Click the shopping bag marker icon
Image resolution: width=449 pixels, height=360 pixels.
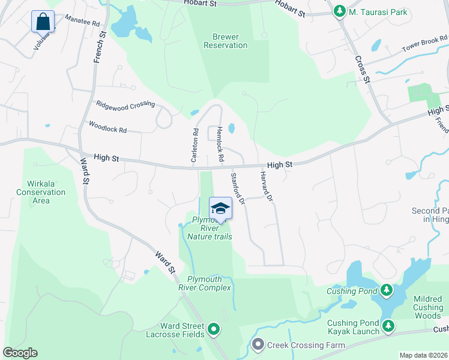(43, 22)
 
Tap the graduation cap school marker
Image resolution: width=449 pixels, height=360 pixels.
(220, 208)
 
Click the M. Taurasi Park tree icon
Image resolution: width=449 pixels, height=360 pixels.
(340, 11)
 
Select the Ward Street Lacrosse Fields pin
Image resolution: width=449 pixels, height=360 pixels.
(213, 329)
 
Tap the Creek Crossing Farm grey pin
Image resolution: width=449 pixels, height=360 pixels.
(259, 344)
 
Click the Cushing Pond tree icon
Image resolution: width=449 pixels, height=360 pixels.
(387, 291)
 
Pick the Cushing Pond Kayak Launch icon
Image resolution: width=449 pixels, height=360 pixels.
(388, 326)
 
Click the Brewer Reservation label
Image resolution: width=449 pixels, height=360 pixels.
(225, 41)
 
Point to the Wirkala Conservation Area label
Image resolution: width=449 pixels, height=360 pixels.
(41, 192)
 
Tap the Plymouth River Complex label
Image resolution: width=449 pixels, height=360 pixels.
(208, 283)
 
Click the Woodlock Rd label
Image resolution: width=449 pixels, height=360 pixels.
(107, 127)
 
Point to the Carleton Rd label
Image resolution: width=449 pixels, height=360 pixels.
(194, 145)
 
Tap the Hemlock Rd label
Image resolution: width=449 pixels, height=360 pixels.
(220, 144)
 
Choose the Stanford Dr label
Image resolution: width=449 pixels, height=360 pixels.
(238, 189)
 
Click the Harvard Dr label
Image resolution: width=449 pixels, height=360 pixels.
(266, 186)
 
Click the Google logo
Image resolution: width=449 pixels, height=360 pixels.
(20, 353)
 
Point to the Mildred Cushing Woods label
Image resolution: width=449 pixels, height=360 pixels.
(428, 307)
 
